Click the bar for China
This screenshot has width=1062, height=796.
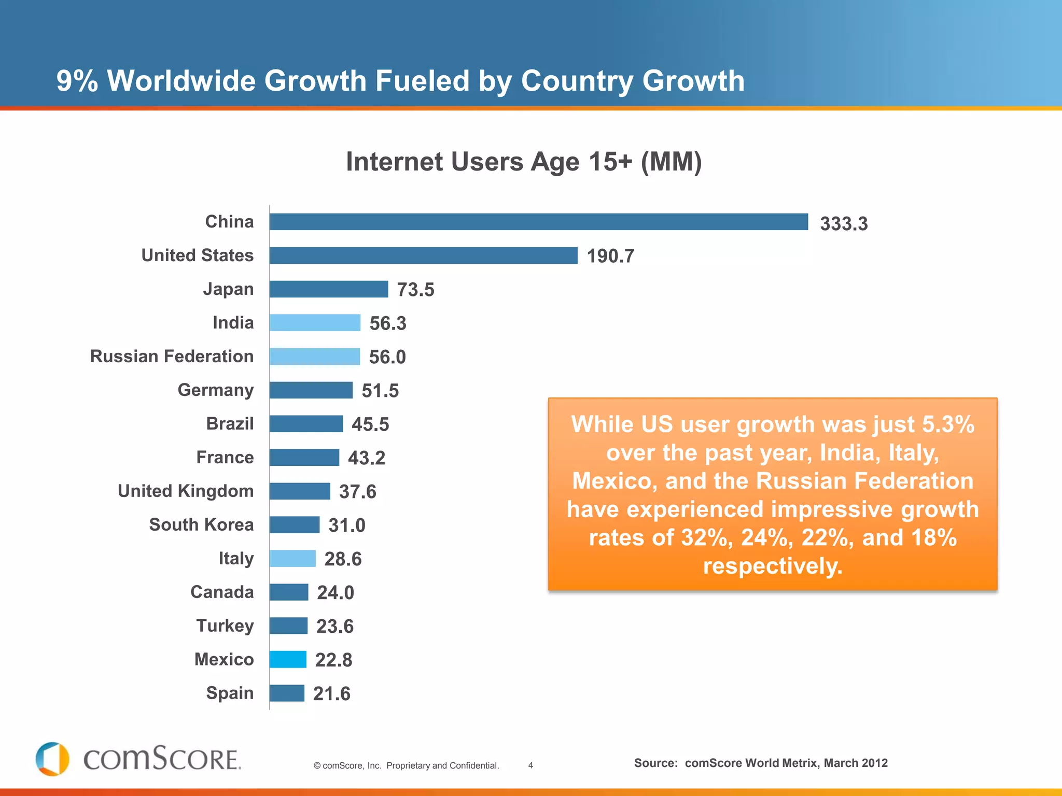538,222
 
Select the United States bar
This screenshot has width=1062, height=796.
423,255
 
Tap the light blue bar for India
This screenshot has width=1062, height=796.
315,323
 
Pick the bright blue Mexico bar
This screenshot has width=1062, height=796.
288,660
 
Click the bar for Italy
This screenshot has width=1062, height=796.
292,559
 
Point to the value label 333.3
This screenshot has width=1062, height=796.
844,224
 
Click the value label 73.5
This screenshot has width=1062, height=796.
415,290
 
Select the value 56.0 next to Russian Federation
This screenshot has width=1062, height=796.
387,357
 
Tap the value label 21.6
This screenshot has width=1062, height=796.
331,694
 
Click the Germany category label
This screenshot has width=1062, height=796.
216,390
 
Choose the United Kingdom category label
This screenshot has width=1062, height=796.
186,491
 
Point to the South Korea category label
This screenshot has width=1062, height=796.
201,525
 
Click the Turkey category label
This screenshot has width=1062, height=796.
225,626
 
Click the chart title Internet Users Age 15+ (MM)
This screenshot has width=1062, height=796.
524,162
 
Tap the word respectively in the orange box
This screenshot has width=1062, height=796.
773,566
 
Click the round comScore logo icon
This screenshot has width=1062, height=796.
52,759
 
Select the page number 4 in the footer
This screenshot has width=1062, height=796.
530,765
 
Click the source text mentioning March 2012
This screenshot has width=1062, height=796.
761,763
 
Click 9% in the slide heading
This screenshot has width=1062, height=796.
77,81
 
